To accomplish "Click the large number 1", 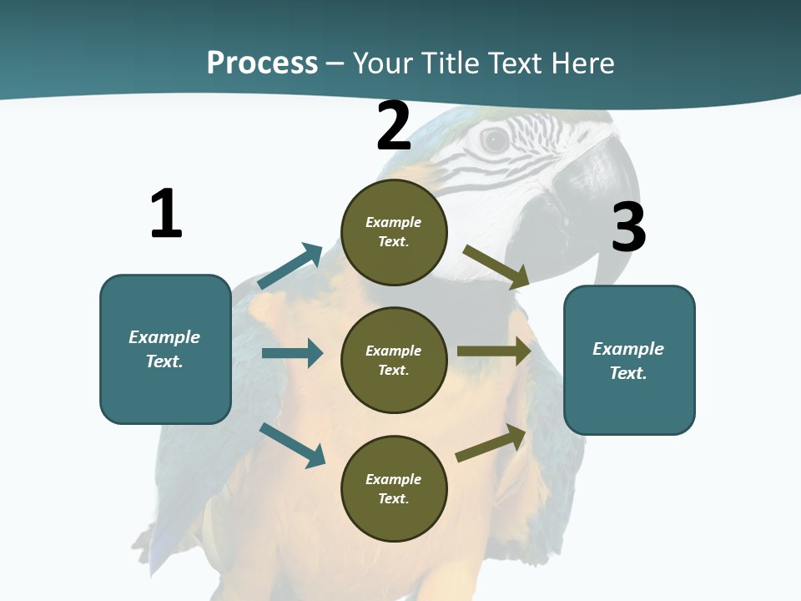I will pos(166,214).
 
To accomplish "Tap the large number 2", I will pos(394,127).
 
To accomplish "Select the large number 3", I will pos(628,227).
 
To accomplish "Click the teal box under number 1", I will pos(165,349).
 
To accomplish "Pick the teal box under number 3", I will pos(629,360).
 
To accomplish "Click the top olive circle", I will pos(394,232).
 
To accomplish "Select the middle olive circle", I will pos(394,360).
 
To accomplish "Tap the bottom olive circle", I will pos(394,488).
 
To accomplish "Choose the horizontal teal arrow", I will pos(292,353).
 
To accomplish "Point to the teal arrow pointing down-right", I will pos(292,445).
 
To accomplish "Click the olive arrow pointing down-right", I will pos(496,266).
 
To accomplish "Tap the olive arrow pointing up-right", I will pos(491,443).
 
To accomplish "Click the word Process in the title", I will pos(262,63).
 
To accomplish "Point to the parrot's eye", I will pos(494,140).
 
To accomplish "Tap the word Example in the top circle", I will pos(393,222).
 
